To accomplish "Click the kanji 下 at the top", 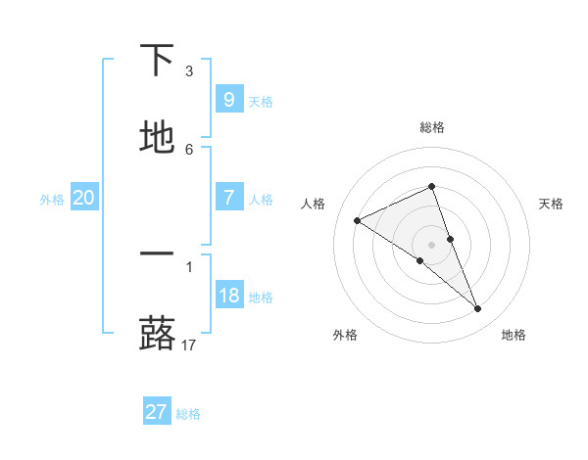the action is click(157, 61).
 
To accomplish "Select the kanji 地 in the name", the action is click(157, 138).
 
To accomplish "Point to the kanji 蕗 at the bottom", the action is click(157, 333).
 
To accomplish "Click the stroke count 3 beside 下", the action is click(188, 70).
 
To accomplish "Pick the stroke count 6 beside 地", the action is click(188, 149).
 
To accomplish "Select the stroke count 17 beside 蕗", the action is click(189, 345).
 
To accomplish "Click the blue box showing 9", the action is click(228, 99).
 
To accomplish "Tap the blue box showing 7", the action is click(228, 197).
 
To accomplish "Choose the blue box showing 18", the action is click(228, 295).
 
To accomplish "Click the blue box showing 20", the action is click(83, 198).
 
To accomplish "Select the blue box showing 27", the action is click(156, 412).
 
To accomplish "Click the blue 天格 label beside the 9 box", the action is click(261, 101).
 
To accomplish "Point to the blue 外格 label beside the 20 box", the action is click(52, 199).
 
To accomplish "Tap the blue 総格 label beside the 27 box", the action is click(188, 414).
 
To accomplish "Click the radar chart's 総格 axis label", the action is click(431, 127).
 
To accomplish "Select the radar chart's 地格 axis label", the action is click(514, 335).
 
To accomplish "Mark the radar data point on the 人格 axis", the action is click(358, 220).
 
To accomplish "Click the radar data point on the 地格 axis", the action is click(478, 309).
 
